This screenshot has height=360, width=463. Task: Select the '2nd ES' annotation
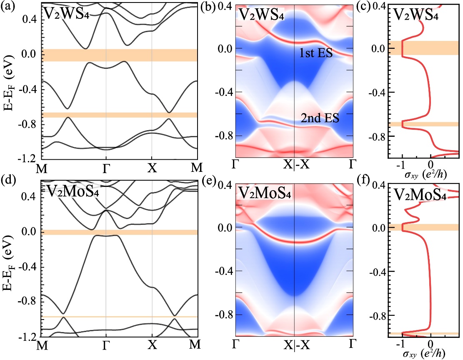(x=320, y=119)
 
